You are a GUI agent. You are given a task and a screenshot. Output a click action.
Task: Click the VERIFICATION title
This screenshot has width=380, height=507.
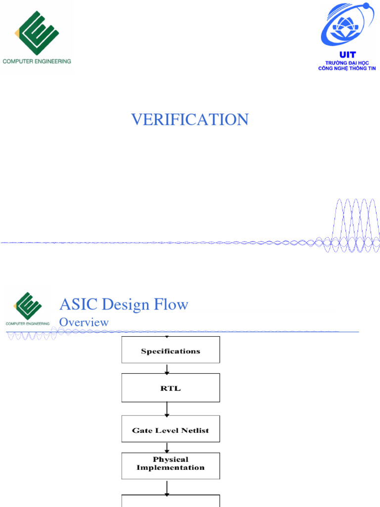tap(190, 119)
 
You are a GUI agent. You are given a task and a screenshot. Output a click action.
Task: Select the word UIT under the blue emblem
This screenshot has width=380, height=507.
tap(347, 54)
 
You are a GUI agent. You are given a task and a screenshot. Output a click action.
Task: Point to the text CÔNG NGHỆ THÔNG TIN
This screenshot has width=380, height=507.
tap(347, 68)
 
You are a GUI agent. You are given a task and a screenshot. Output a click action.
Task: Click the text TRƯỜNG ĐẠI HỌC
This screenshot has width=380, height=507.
tap(347, 63)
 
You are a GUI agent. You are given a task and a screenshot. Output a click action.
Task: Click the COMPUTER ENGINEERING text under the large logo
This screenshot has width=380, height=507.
tap(37, 61)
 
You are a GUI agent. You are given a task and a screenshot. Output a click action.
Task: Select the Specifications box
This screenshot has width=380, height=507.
tap(171, 351)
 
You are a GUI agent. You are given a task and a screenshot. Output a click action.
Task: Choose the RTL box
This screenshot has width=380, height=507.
tap(171, 388)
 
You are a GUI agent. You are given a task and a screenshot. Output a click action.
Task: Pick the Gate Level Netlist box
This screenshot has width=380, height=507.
tap(171, 430)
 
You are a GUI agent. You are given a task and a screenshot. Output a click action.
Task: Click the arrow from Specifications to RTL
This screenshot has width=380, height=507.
tap(167, 369)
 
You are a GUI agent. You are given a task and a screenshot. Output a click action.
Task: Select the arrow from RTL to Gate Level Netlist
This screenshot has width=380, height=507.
tap(167, 408)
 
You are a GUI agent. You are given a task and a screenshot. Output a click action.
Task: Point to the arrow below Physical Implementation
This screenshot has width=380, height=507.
tap(167, 487)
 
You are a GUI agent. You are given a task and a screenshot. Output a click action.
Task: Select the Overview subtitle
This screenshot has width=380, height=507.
tap(84, 322)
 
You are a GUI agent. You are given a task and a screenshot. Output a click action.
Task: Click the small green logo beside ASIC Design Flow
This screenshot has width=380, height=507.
tap(28, 307)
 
